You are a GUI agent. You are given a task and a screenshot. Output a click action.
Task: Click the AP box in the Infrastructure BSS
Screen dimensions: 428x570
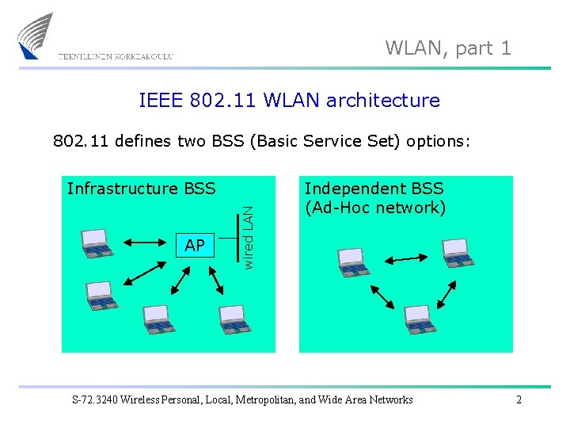pyautogui.click(x=194, y=246)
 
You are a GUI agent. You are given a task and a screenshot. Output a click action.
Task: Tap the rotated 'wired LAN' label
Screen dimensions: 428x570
pyautogui.click(x=249, y=237)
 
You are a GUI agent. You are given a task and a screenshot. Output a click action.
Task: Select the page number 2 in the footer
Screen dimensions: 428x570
pyautogui.click(x=519, y=399)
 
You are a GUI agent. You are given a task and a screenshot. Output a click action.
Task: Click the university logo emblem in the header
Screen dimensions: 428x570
pyautogui.click(x=36, y=36)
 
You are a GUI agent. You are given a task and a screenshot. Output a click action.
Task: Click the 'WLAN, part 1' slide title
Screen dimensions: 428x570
pyautogui.click(x=448, y=48)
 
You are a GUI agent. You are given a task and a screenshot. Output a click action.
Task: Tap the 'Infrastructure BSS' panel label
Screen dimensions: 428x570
pyautogui.click(x=141, y=189)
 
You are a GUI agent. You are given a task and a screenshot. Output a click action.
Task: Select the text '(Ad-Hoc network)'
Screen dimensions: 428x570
pyautogui.click(x=375, y=208)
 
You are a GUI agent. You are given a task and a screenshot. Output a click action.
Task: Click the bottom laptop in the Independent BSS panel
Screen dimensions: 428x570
pyautogui.click(x=419, y=318)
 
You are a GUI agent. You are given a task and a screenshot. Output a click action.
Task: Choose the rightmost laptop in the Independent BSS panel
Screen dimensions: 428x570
pyautogui.click(x=458, y=250)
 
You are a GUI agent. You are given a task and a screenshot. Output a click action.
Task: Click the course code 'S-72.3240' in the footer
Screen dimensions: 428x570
pyautogui.click(x=97, y=399)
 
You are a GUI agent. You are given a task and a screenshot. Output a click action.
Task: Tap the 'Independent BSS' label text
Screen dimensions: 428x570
pyautogui.click(x=374, y=189)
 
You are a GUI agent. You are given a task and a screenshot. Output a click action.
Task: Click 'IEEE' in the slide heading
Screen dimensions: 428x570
pyautogui.click(x=161, y=101)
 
